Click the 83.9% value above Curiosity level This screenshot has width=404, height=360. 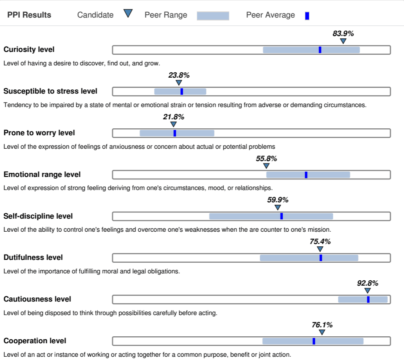pyautogui.click(x=343, y=34)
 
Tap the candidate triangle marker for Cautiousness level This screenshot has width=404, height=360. pyautogui.click(x=368, y=291)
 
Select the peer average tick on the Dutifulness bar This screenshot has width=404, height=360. pyautogui.click(x=321, y=258)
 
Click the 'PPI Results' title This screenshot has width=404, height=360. pyautogui.click(x=29, y=15)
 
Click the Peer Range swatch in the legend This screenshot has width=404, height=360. pyautogui.click(x=213, y=16)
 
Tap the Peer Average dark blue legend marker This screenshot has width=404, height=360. pyautogui.click(x=307, y=16)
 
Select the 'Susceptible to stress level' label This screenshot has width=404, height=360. pyautogui.click(x=50, y=91)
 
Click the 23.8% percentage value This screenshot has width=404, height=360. pyautogui.click(x=179, y=75)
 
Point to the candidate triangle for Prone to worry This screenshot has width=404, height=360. pyautogui.click(x=173, y=124)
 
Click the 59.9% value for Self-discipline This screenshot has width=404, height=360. pyautogui.click(x=278, y=200)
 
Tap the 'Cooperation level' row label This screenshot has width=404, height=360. pyautogui.click(x=35, y=341)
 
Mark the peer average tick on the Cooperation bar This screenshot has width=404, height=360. pyautogui.click(x=314, y=341)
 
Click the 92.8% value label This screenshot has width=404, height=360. pyautogui.click(x=368, y=283)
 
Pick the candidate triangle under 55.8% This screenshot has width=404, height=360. pyautogui.click(x=266, y=166)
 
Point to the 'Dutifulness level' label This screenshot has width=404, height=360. pyautogui.click(x=33, y=257)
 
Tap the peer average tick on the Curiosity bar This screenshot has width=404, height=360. pyautogui.click(x=320, y=50)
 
